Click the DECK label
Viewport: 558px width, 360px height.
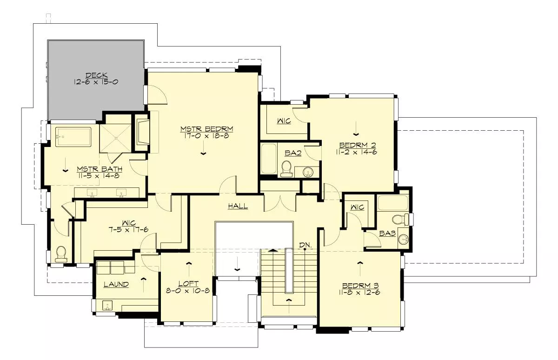pyautogui.click(x=97, y=75)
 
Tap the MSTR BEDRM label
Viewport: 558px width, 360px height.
pyautogui.click(x=207, y=129)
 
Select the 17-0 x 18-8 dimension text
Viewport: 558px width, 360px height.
pyautogui.click(x=206, y=136)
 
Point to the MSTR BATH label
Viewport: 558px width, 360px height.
pyautogui.click(x=100, y=169)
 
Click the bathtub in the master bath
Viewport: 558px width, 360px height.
pyautogui.click(x=73, y=137)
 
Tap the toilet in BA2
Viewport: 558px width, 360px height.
pyautogui.click(x=286, y=169)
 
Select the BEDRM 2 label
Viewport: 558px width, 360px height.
pyautogui.click(x=358, y=145)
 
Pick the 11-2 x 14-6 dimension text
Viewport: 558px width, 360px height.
pyautogui.click(x=357, y=152)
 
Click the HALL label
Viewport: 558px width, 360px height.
pyautogui.click(x=238, y=206)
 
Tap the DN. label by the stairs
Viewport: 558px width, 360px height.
pyautogui.click(x=306, y=245)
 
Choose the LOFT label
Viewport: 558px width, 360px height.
pyautogui.click(x=189, y=284)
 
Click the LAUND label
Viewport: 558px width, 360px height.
pyautogui.click(x=116, y=284)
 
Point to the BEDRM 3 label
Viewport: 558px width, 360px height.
pyautogui.click(x=360, y=286)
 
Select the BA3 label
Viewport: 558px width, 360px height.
pyautogui.click(x=387, y=233)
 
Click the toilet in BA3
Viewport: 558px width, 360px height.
pyautogui.click(x=400, y=219)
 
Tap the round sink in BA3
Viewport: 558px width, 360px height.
pyautogui.click(x=404, y=240)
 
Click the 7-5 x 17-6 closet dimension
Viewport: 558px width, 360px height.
pyautogui.click(x=128, y=229)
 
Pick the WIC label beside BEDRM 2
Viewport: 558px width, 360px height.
pyautogui.click(x=284, y=121)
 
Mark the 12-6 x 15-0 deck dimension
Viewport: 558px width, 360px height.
pyautogui.click(x=96, y=82)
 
